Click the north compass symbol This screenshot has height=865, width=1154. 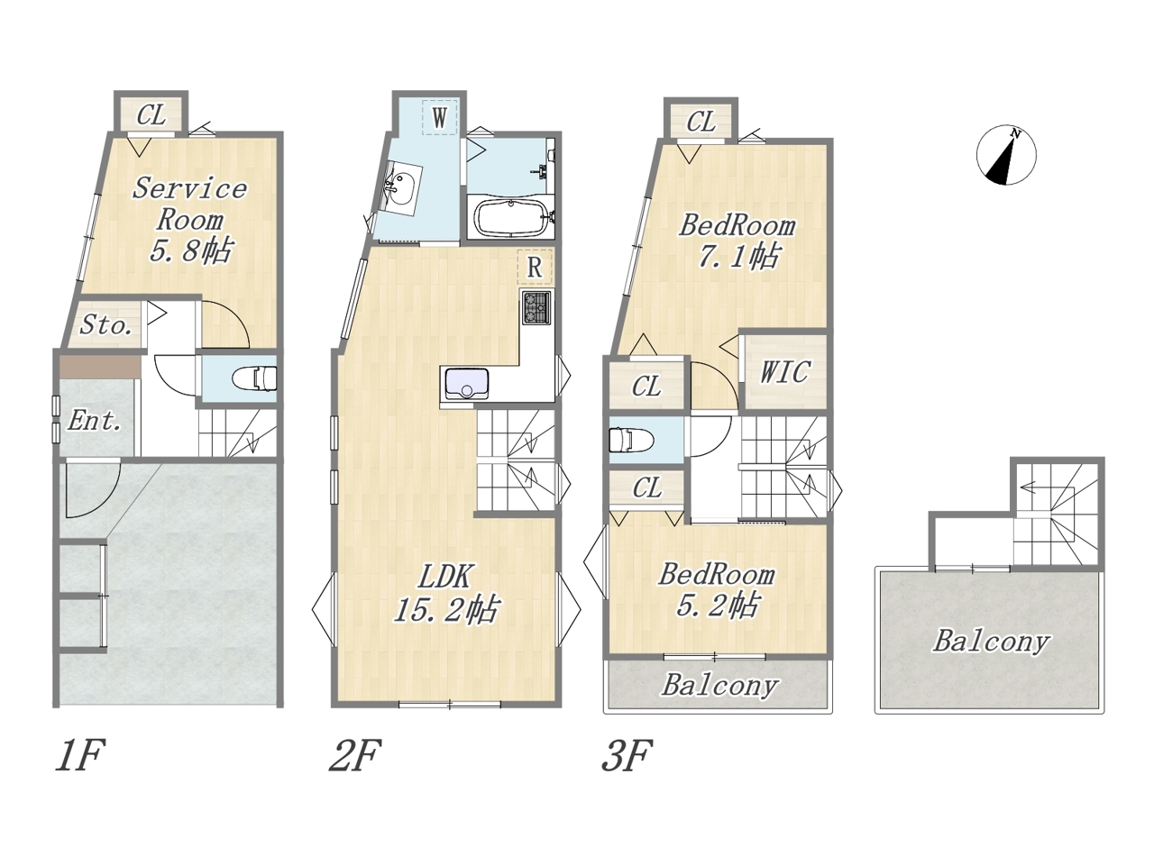coord(1006,155)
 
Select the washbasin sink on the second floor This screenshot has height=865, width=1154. coord(402,188)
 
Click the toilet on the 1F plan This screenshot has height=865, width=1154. coord(255,378)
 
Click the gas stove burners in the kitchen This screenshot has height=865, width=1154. coord(536,307)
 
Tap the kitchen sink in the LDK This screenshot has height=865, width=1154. coord(466,384)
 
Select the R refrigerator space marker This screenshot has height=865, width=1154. coord(534,268)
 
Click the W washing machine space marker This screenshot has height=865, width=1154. coord(440,117)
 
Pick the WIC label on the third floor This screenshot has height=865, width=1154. coord(783,372)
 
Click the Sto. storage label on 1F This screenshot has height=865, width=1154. coord(105,325)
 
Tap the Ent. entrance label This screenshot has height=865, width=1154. coord(95,420)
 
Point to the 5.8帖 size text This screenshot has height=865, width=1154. coord(190,250)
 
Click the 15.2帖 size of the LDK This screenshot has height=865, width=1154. coord(445,609)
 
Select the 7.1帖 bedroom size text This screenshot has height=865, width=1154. coord(738,256)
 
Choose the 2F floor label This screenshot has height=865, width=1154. coord(355,755)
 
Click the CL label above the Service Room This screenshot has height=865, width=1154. coord(151,115)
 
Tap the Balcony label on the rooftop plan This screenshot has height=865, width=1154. coord(992,642)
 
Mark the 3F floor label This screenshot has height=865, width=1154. coord(627,755)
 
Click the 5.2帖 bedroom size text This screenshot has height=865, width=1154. coord(717,605)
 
